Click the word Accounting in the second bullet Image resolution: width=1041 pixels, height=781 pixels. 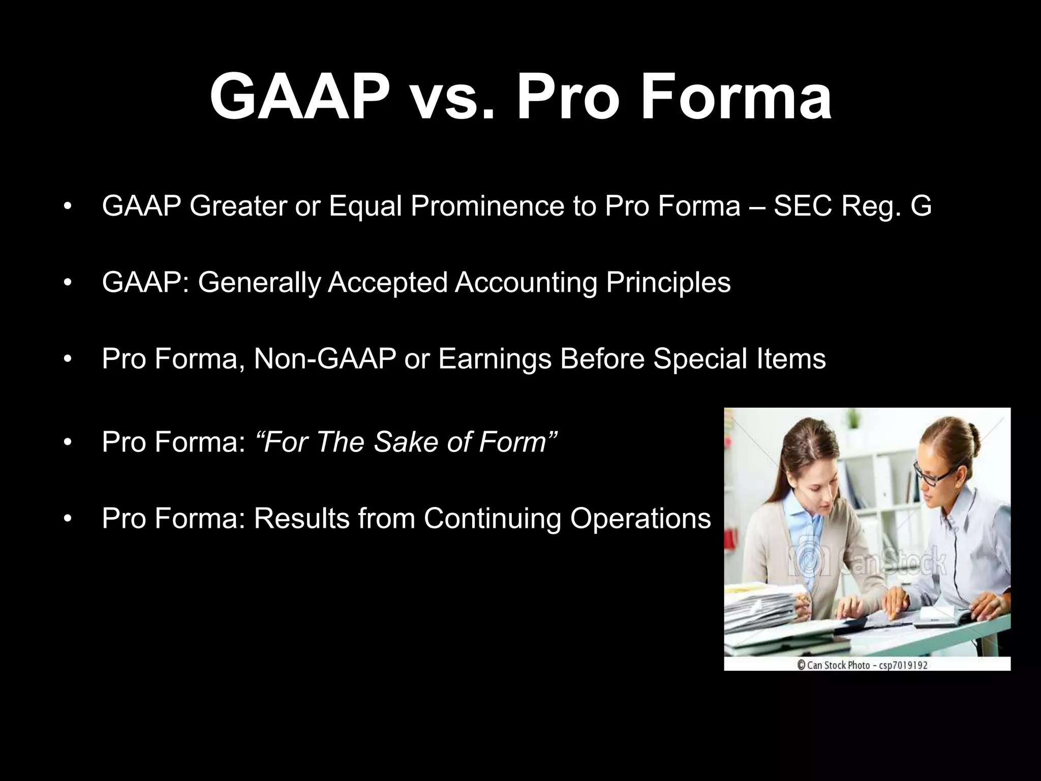point(526,283)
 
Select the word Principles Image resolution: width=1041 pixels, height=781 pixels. point(668,283)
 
